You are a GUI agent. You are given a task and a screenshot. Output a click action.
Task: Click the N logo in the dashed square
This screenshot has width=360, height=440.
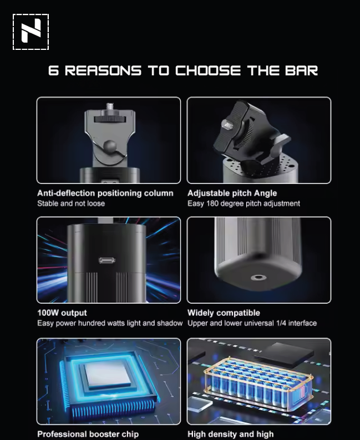(x=31, y=32)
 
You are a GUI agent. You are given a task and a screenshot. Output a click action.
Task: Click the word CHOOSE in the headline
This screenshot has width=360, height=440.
(x=208, y=70)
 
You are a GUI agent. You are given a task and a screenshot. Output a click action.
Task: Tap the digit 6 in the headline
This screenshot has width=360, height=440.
(x=53, y=70)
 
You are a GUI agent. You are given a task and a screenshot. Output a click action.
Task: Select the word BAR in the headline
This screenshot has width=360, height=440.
(x=302, y=70)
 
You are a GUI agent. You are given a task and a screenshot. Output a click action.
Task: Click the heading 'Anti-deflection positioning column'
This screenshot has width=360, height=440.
(x=105, y=193)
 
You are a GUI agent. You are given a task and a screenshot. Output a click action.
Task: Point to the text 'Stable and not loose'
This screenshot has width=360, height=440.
(x=71, y=203)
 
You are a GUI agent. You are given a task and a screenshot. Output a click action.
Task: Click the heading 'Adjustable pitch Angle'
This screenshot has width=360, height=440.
(x=232, y=193)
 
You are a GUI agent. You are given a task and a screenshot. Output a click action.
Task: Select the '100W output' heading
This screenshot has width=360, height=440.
(x=62, y=313)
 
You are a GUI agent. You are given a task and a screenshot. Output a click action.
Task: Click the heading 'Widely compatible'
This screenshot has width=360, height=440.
(x=224, y=313)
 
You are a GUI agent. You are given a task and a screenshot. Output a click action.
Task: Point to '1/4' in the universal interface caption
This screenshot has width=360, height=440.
(x=281, y=323)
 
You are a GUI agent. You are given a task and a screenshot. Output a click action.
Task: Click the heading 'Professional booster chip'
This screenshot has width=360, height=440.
(x=88, y=434)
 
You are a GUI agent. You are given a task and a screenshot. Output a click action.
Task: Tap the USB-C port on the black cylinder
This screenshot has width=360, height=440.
(x=107, y=260)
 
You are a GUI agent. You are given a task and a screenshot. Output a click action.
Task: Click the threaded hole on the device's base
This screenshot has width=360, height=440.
(x=258, y=278)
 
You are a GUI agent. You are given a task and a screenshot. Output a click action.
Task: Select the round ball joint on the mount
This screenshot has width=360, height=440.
(x=110, y=146)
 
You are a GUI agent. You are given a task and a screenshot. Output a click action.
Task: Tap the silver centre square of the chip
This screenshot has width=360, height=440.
(x=108, y=373)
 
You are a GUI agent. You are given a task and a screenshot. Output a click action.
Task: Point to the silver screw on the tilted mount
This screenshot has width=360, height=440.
(x=227, y=124)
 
